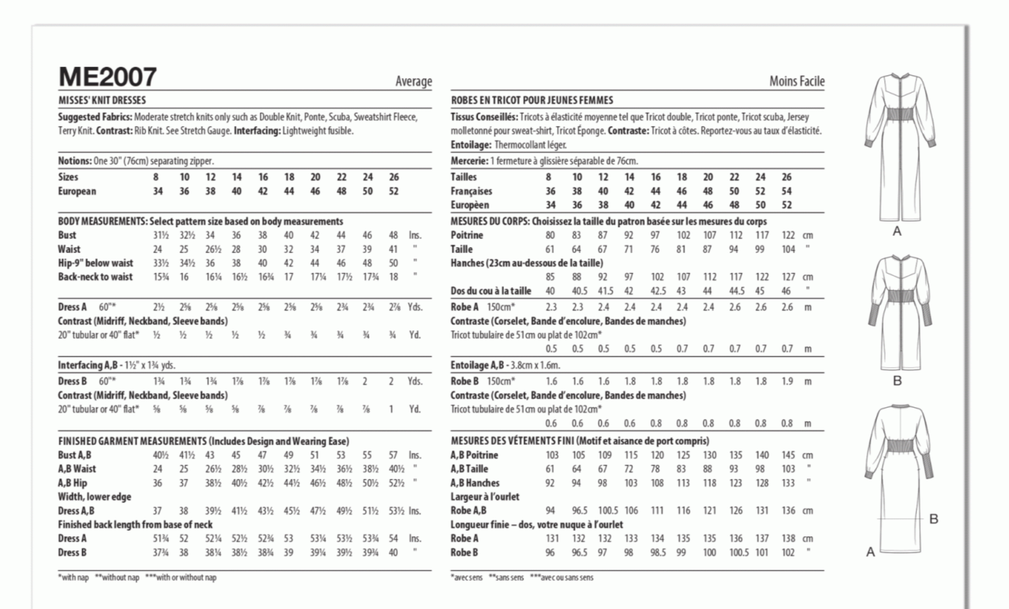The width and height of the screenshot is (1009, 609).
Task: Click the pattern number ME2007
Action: pos(108,77)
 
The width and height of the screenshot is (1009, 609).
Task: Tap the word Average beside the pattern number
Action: pos(414,82)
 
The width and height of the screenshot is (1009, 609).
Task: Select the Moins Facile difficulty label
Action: pos(797,82)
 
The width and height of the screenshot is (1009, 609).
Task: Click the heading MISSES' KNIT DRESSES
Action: pos(102,100)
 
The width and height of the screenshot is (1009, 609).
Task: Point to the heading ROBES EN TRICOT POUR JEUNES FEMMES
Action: pos(532,100)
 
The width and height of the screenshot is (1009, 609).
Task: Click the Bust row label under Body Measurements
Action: pos(67,235)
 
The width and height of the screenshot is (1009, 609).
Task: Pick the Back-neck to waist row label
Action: pos(95,277)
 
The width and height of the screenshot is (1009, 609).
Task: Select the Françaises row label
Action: pos(471,191)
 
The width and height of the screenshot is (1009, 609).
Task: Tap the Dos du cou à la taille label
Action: pos(491,291)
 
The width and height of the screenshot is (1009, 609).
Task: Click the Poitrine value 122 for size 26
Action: pos(788,235)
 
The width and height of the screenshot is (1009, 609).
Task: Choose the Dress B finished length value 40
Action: pos(393,553)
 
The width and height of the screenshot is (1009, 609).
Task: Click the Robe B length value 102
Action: pos(788,553)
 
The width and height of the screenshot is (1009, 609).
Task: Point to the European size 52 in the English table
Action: pos(393,191)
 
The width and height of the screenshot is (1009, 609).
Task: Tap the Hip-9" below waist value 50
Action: pos(393,263)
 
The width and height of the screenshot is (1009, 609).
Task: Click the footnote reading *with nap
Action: pos(73,578)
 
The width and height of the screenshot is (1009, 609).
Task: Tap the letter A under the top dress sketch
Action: pos(897,231)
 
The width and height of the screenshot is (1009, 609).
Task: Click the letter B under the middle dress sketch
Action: pos(897,381)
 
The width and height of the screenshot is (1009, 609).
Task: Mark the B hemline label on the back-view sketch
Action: pos(933,519)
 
